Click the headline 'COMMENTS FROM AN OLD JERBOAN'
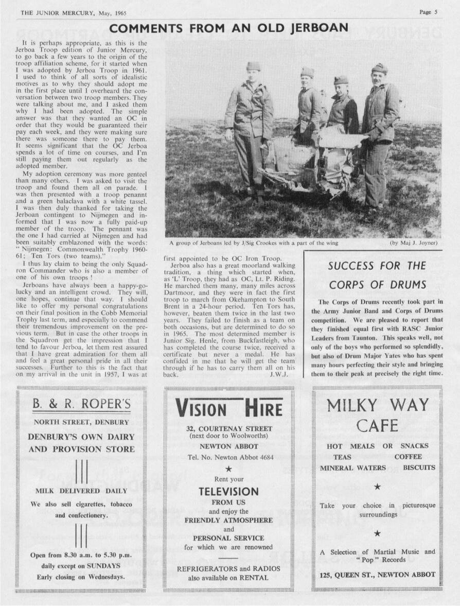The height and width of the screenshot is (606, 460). tap(229, 28)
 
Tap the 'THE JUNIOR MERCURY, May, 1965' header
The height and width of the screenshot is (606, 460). tap(74, 13)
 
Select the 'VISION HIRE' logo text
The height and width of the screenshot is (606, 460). tap(229, 409)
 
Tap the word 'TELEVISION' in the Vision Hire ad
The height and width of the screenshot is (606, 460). tap(229, 492)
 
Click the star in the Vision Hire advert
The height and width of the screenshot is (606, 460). tap(229, 469)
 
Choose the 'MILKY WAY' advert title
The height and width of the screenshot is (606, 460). tap(378, 405)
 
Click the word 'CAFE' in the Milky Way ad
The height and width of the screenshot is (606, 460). tap(378, 426)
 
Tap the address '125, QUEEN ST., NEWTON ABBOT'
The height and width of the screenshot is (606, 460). tap(378, 575)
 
